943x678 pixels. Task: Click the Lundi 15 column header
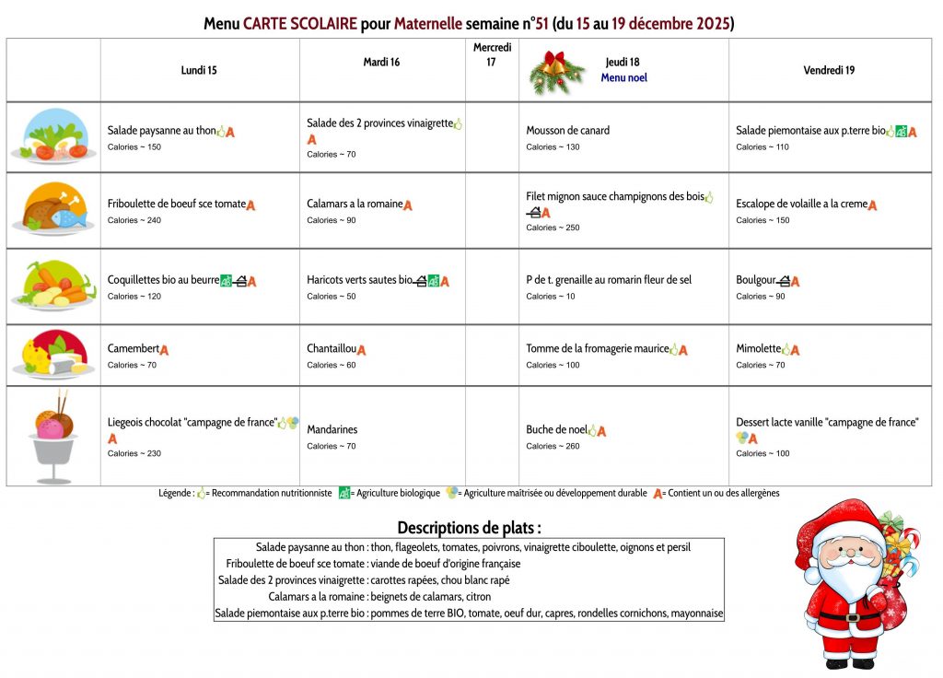click(199, 70)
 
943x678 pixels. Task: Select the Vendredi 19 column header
click(829, 70)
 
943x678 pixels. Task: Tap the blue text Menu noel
click(623, 78)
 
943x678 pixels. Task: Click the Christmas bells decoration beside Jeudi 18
click(556, 71)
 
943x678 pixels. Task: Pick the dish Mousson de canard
click(567, 131)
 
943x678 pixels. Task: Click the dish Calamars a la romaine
click(355, 205)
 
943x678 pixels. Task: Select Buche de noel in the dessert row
click(556, 430)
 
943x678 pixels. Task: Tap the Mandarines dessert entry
click(332, 430)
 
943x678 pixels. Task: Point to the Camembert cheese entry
click(134, 349)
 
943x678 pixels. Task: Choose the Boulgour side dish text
click(756, 280)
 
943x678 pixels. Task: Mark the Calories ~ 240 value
click(134, 220)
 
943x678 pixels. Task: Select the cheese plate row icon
click(52, 355)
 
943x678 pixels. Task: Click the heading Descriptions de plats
click(469, 528)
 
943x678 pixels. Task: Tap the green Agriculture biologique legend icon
click(344, 493)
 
